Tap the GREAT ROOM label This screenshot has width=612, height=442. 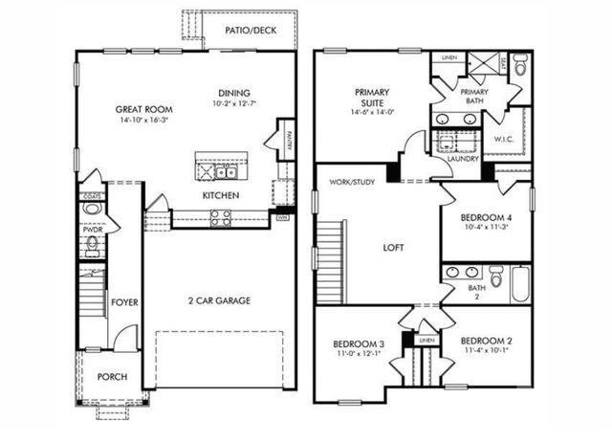pyautogui.click(x=143, y=109)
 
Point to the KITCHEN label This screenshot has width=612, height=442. pyautogui.click(x=220, y=196)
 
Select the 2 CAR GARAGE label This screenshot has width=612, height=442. pyautogui.click(x=218, y=300)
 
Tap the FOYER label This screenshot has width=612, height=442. pyautogui.click(x=124, y=302)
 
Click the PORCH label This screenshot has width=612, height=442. pyautogui.click(x=112, y=377)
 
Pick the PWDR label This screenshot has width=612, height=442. pyautogui.click(x=93, y=230)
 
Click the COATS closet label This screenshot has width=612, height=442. pyautogui.click(x=93, y=196)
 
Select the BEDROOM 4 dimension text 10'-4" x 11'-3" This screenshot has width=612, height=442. pyautogui.click(x=486, y=228)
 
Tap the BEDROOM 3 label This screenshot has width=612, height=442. pyautogui.click(x=359, y=343)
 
